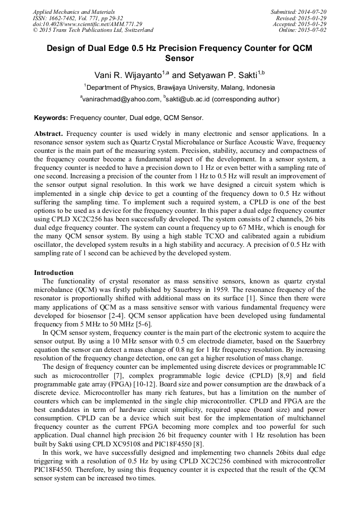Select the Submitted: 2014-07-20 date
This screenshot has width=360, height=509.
(x=298, y=11)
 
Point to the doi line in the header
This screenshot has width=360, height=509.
(x=87, y=24)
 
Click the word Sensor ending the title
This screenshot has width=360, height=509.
(x=179, y=58)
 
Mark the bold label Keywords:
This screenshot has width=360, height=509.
(x=51, y=117)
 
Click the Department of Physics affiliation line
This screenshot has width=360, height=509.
(x=179, y=87)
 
